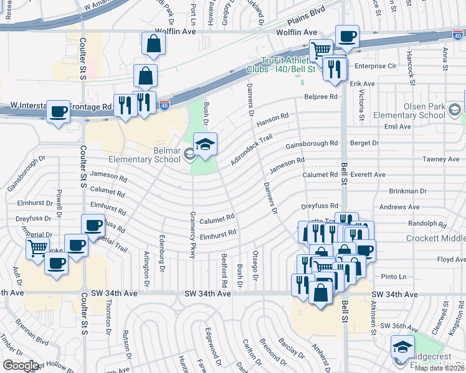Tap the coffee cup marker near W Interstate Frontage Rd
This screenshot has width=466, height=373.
pyautogui.click(x=59, y=113)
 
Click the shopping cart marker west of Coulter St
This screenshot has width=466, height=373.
pyautogui.click(x=37, y=249)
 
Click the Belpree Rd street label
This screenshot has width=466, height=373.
pyautogui.click(x=320, y=96)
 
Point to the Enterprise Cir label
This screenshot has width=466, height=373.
pyautogui.click(x=375, y=65)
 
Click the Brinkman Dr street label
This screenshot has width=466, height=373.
pyautogui.click(x=407, y=191)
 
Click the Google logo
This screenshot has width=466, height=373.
pyautogui.click(x=21, y=365)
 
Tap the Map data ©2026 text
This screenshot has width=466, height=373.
pyautogui.click(x=440, y=368)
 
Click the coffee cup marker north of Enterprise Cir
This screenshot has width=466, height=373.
pyautogui.click(x=346, y=36)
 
